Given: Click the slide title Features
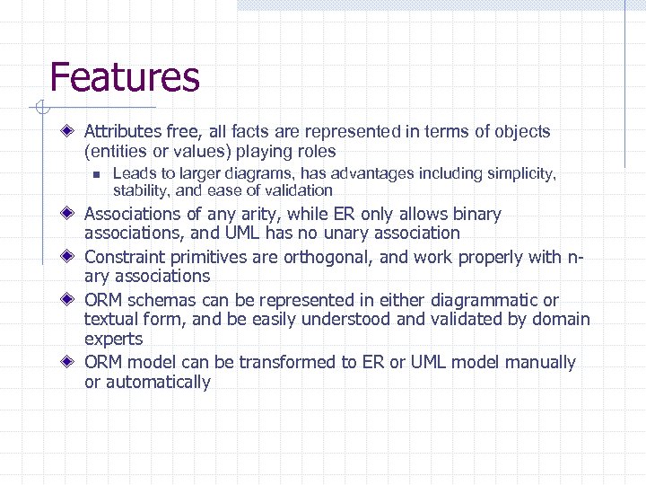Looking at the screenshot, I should [x=124, y=77].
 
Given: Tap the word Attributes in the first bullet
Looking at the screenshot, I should [x=120, y=132].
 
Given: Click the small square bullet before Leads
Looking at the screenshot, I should [x=93, y=174].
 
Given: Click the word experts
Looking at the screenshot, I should [x=114, y=339].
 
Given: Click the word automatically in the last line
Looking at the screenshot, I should [x=158, y=383].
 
